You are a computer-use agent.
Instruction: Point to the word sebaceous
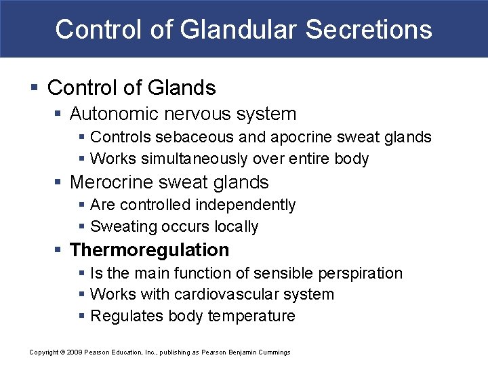pos(186,137)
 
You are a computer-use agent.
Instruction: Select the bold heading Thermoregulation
pos(149,250)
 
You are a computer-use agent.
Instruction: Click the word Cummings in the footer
pos(274,352)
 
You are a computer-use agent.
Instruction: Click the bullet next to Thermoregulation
pos(59,251)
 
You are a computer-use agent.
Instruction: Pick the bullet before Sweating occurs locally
pos(81,227)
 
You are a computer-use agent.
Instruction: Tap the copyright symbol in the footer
pos(62,352)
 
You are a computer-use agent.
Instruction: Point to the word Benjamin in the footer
pos(241,352)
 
